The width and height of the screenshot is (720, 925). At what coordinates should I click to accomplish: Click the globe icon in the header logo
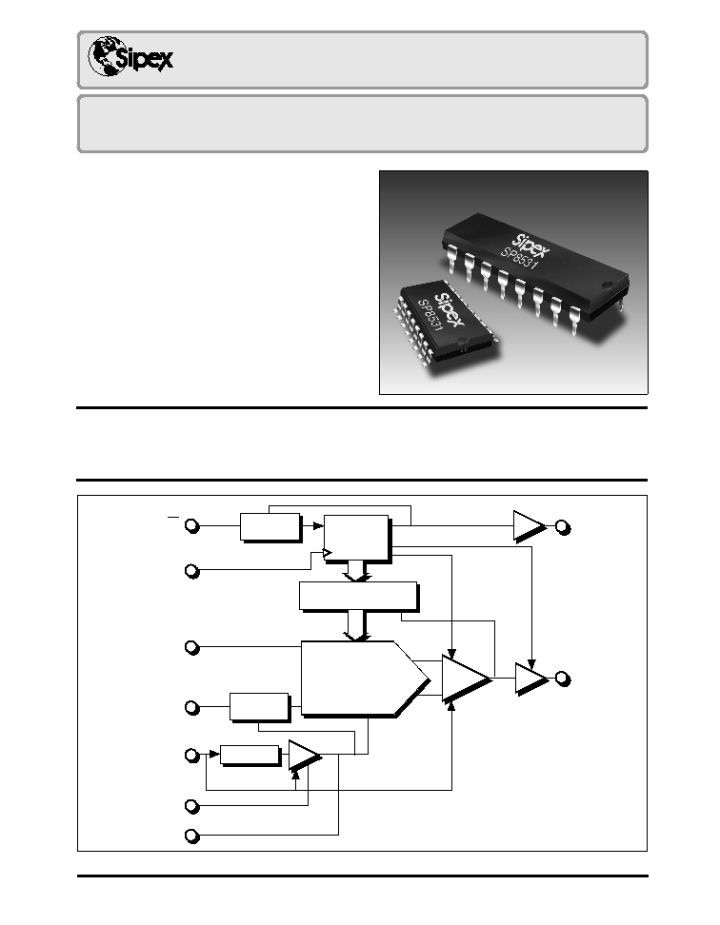click(x=107, y=56)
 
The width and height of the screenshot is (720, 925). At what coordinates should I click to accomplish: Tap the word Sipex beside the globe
click(x=144, y=59)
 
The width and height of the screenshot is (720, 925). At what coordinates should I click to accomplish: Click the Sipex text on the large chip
click(x=531, y=246)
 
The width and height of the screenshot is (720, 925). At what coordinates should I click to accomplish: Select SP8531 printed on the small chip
click(x=430, y=315)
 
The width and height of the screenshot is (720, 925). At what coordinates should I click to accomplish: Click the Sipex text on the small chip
click(x=450, y=308)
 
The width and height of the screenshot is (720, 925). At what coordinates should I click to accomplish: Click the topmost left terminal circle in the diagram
click(x=191, y=525)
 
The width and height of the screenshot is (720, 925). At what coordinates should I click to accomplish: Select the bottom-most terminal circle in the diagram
click(x=191, y=836)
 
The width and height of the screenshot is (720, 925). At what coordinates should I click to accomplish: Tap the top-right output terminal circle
click(x=563, y=527)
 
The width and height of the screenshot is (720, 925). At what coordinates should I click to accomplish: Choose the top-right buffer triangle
click(x=529, y=525)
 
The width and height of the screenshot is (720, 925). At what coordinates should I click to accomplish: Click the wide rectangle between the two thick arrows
click(x=359, y=597)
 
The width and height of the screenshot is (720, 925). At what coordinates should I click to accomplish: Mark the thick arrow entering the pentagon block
click(x=357, y=626)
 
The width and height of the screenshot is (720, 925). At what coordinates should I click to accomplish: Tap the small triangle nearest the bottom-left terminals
click(x=304, y=756)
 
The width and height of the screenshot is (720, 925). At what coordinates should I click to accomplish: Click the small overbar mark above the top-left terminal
click(x=173, y=517)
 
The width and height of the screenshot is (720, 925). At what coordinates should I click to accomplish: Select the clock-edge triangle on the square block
click(x=328, y=553)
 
